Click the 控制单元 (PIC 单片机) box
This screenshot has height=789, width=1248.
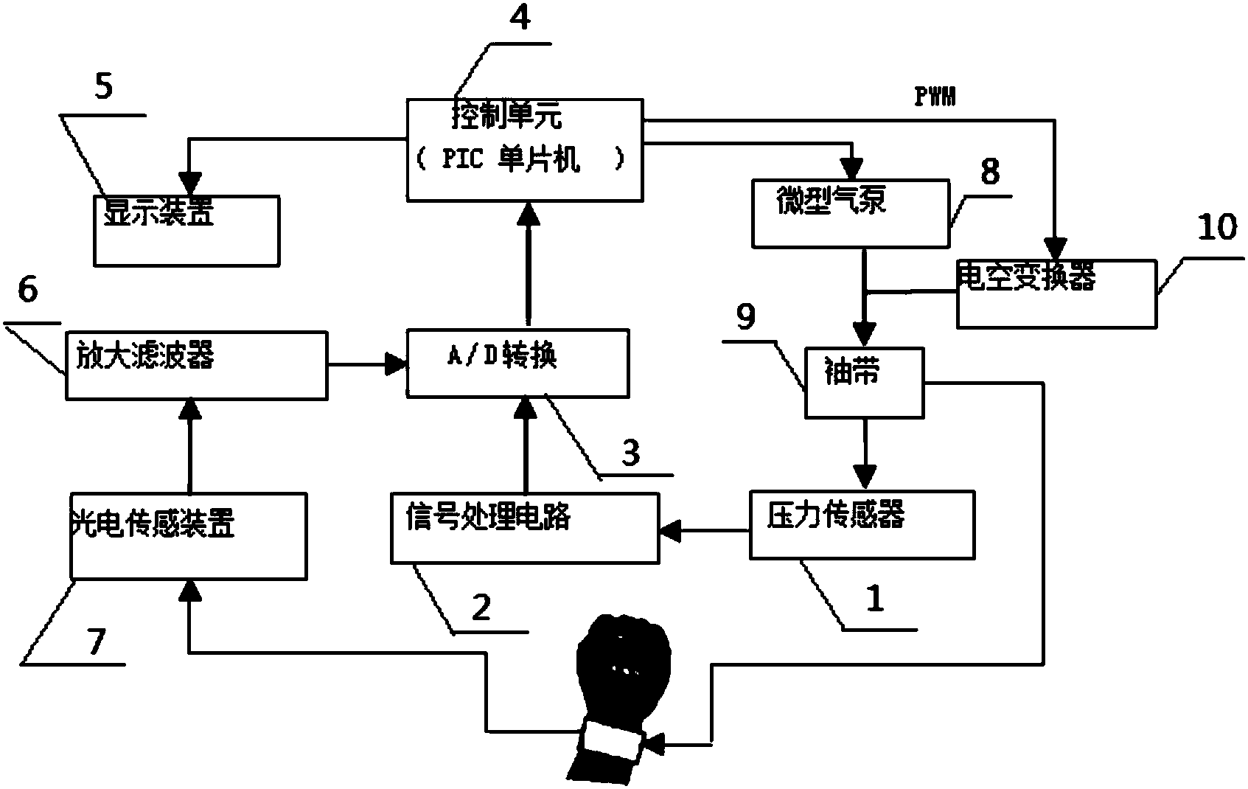tap(525, 150)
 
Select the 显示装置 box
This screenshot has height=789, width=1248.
tap(186, 230)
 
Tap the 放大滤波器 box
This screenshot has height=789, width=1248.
tap(196, 365)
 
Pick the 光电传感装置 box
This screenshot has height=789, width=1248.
tap(188, 536)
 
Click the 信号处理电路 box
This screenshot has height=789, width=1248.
tap(525, 528)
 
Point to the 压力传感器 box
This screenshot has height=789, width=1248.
tap(861, 524)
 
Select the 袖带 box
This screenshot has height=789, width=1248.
tap(863, 382)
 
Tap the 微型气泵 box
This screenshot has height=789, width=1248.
tap(850, 212)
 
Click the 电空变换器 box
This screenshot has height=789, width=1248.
tap(1056, 293)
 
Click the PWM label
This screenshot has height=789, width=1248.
tap(935, 97)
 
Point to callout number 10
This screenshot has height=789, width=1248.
tap(1216, 227)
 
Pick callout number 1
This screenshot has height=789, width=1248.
tap(874, 599)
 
